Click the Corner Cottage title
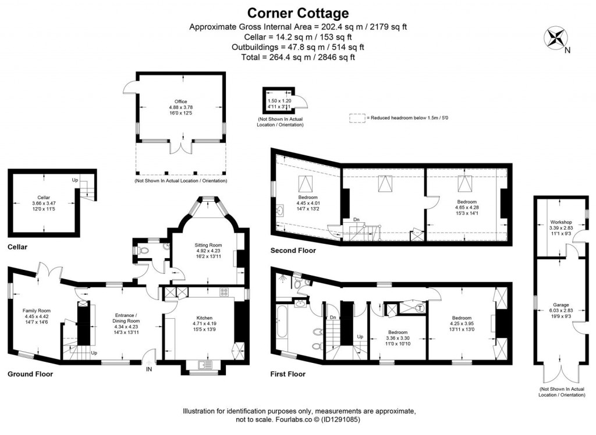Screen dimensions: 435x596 298,13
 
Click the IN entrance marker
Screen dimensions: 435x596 149,369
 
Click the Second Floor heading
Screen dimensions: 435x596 293,251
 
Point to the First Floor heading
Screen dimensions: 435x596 288,374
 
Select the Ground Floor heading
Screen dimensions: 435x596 30,374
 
